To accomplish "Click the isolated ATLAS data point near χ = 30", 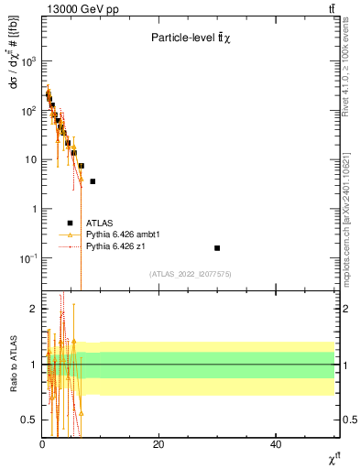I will [217, 248].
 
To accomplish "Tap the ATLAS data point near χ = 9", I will [93, 181].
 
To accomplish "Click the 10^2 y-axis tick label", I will [28, 111].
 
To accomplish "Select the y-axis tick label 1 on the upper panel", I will [33, 209].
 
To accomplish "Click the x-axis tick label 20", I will [158, 444].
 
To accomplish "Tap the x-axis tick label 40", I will [276, 444].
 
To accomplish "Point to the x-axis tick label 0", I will [42, 444].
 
